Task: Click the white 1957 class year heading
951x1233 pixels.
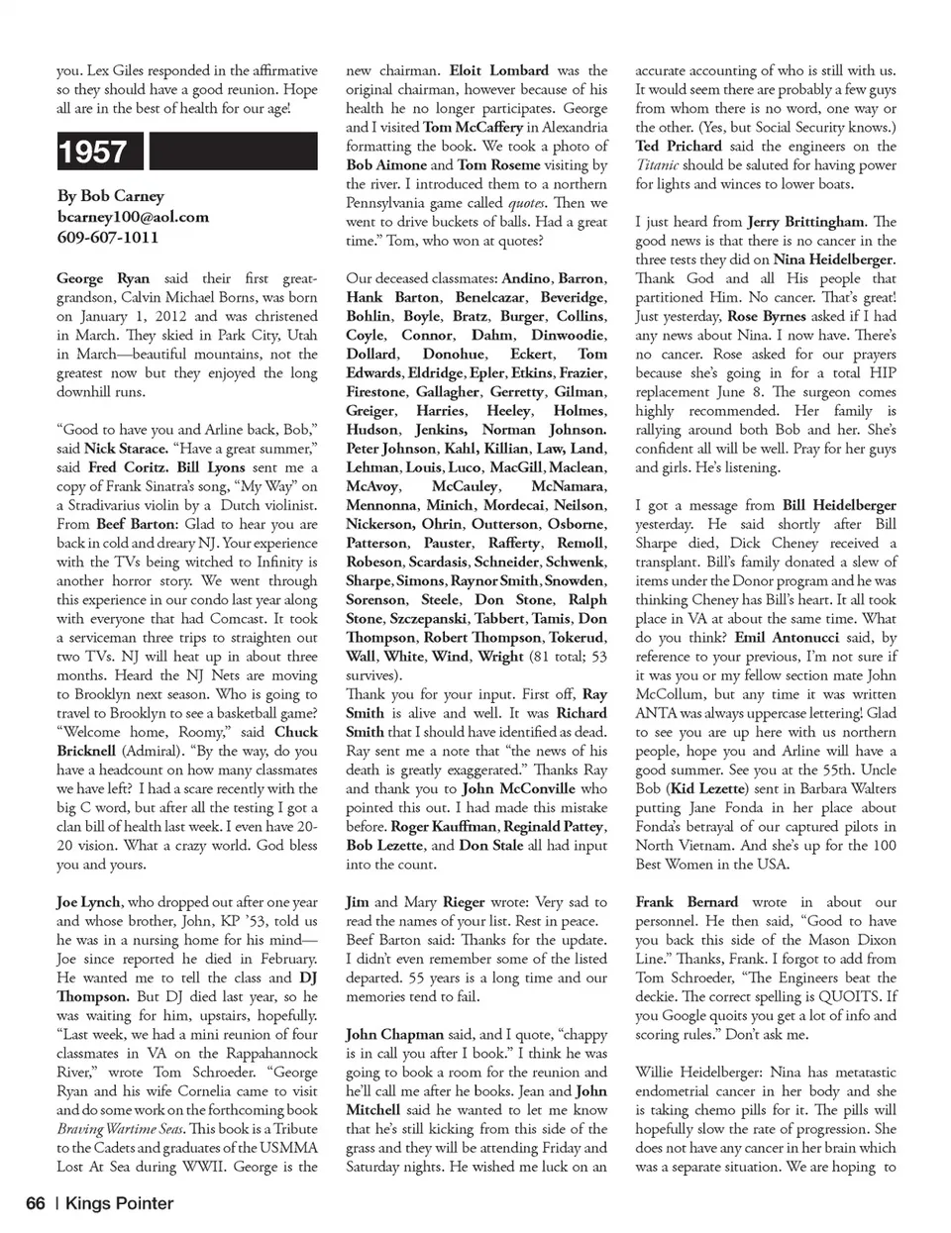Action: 92,152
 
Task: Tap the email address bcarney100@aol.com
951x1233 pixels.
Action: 133,216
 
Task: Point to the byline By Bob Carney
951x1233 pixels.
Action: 110,195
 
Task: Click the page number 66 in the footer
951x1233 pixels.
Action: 36,1203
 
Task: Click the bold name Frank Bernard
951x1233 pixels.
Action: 687,902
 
